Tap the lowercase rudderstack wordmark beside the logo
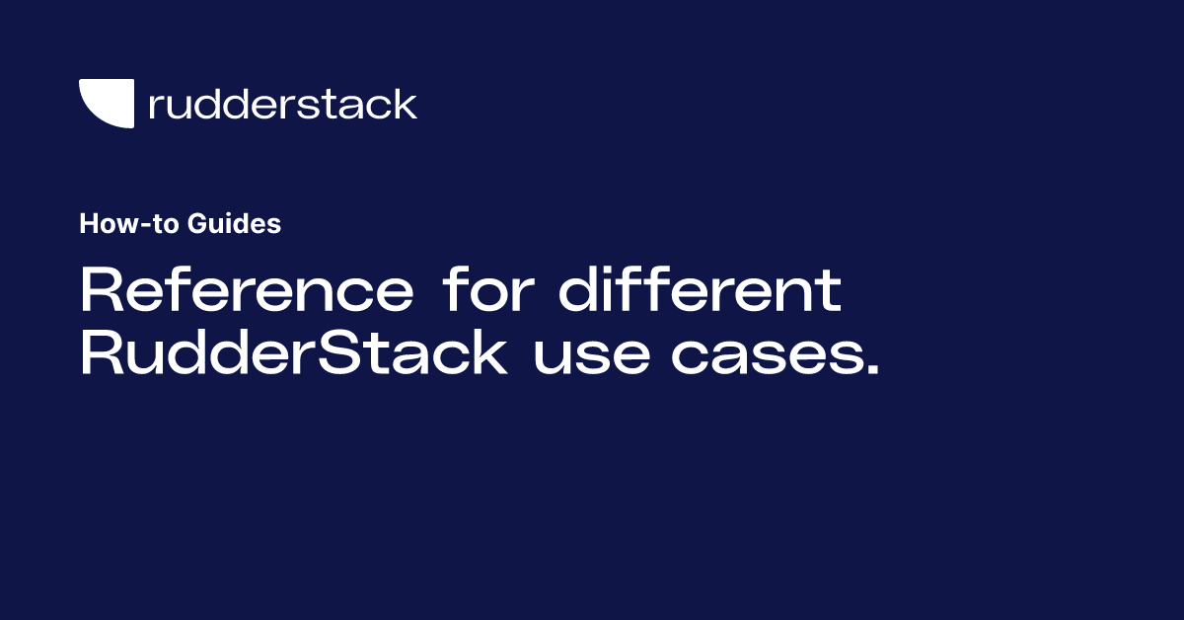[x=282, y=104]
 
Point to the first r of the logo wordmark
[x=155, y=107]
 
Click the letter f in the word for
[x=453, y=291]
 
